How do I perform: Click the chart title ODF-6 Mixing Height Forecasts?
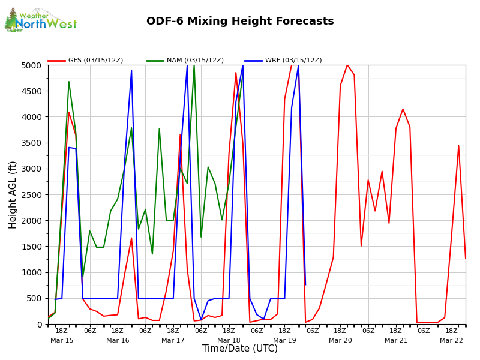[x=240, y=22]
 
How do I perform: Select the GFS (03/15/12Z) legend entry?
[x=87, y=61]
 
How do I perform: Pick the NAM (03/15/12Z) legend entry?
[x=185, y=61]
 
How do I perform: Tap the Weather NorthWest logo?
[x=41, y=20]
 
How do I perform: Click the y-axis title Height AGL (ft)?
[x=13, y=194]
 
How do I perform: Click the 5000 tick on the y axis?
[x=33, y=65]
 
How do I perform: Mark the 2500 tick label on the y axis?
[x=33, y=195]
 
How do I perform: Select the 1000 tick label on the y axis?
[x=33, y=272]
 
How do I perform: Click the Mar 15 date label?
[x=62, y=340]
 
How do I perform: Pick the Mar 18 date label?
[x=229, y=340]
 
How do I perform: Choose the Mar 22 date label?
[x=451, y=340]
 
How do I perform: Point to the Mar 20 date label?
[x=340, y=340]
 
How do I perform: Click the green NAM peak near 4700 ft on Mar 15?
[x=69, y=82]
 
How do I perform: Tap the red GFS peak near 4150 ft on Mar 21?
[x=403, y=109]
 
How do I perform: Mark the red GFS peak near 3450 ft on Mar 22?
[x=458, y=146]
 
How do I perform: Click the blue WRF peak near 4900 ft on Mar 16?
[x=131, y=71]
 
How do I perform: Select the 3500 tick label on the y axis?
[x=33, y=143]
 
